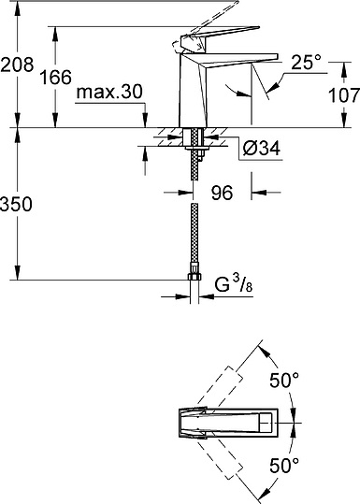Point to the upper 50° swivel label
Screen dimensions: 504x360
tap(284, 382)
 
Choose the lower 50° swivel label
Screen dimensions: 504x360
tap(284, 465)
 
